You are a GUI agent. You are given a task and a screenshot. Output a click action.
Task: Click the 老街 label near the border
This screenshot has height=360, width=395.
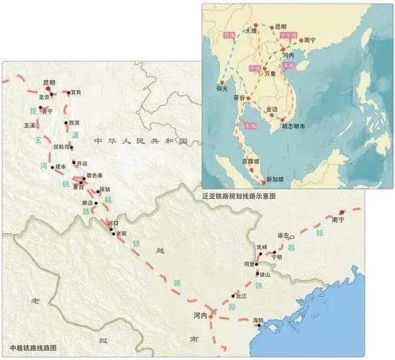(x=112, y=234)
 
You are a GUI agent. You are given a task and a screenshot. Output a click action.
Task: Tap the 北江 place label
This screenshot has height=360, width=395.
(x=240, y=296)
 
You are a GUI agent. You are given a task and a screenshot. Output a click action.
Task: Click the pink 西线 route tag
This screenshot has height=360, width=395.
(x=230, y=35)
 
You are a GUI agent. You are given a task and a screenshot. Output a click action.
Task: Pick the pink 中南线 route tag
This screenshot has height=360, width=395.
(x=287, y=35)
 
